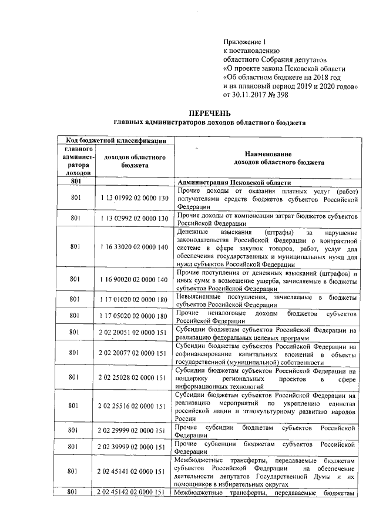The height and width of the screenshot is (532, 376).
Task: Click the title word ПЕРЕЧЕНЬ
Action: [209, 112]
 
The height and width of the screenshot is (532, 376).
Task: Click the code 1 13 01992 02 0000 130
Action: [134, 199]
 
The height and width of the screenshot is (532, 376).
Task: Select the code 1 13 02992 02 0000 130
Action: [134, 219]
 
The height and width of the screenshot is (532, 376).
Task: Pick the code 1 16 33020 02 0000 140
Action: [134, 247]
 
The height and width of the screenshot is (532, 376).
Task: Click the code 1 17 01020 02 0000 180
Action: [134, 300]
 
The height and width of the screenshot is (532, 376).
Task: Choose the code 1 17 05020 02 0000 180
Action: [134, 317]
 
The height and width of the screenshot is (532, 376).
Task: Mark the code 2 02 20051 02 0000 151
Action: [134, 333]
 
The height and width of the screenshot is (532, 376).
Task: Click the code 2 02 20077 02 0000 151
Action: [134, 353]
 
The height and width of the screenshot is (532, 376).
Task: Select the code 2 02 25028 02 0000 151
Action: [134, 379]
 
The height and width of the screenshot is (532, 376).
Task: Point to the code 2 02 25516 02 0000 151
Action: [134, 406]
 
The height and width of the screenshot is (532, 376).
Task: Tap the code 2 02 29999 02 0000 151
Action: [134, 431]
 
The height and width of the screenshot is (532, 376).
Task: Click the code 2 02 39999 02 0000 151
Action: [134, 447]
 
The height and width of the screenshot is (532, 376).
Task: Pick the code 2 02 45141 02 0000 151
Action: [134, 471]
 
